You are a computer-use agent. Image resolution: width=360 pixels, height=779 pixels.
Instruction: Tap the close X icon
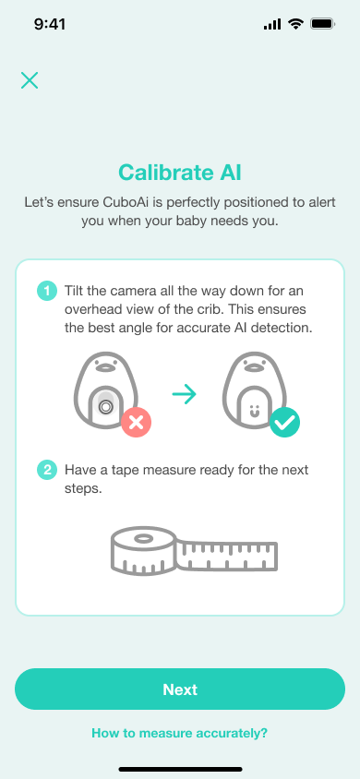[30, 80]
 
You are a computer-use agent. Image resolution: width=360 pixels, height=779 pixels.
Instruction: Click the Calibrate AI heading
[180, 172]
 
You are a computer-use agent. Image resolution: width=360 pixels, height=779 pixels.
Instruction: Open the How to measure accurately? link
[180, 733]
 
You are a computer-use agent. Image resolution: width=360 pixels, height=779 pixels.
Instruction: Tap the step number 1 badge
[46, 292]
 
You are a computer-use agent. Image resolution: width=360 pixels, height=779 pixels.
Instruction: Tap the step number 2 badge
[46, 471]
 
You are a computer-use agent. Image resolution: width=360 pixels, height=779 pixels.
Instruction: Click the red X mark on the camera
[136, 423]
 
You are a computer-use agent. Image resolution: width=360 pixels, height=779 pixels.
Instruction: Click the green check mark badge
[284, 423]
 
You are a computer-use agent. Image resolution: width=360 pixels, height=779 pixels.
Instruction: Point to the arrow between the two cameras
[185, 394]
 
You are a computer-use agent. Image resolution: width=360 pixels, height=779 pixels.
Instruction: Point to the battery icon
[323, 24]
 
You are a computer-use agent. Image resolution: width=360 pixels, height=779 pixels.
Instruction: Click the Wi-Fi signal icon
[296, 24]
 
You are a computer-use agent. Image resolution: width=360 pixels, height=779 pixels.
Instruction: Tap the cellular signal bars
[272, 24]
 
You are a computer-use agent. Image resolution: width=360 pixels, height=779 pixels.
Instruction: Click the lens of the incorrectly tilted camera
[105, 406]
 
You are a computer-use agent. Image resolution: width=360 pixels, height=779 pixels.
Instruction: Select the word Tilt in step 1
[77, 292]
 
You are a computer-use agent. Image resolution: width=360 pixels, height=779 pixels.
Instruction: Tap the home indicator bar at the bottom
[180, 768]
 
